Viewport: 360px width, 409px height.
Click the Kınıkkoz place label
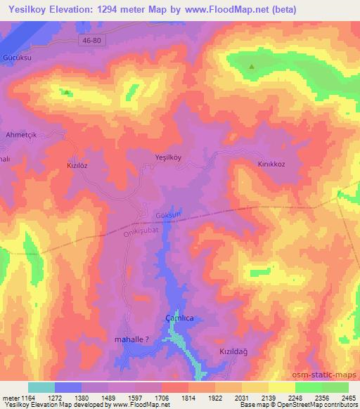coord(271,163)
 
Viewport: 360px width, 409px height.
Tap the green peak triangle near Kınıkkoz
coord(252,67)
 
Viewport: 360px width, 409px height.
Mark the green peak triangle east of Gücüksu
coord(66,92)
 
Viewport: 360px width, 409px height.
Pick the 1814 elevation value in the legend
coord(188,398)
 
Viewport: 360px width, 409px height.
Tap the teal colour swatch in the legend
coord(41,387)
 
